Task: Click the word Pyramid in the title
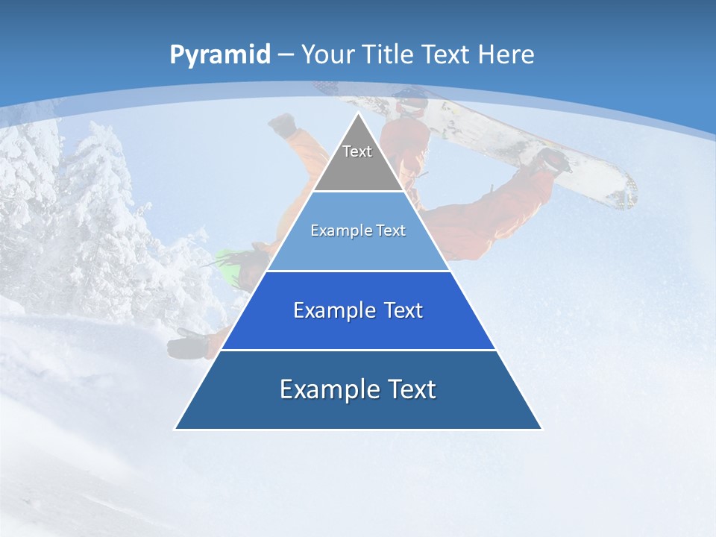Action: (219, 55)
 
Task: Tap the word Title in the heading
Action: (389, 55)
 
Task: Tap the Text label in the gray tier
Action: (357, 151)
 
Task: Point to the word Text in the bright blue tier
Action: (403, 310)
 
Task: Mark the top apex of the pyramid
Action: (358, 113)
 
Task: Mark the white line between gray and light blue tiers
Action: (358, 191)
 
